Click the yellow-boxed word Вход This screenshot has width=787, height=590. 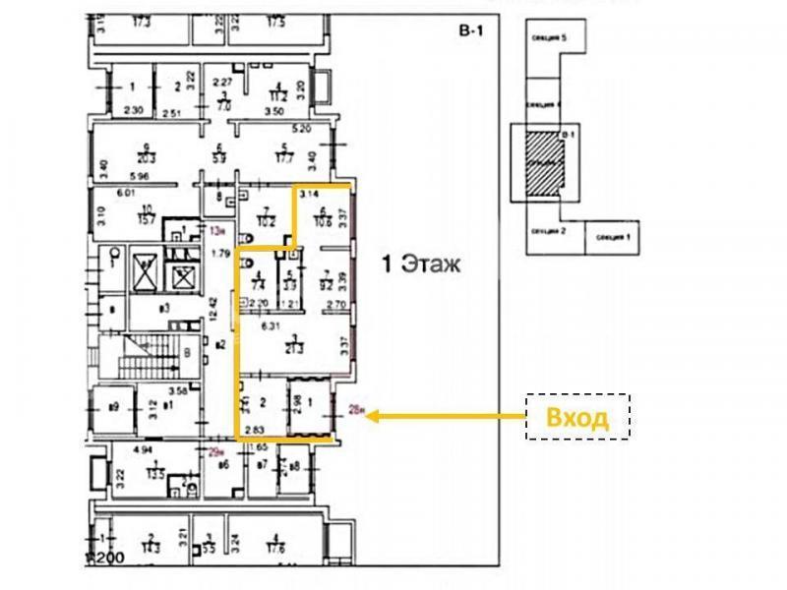click(x=577, y=416)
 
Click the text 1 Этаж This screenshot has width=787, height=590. click(x=421, y=264)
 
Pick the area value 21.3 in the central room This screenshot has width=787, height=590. click(x=292, y=347)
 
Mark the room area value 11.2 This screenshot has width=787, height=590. click(x=278, y=97)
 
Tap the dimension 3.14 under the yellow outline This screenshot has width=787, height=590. click(x=310, y=195)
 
